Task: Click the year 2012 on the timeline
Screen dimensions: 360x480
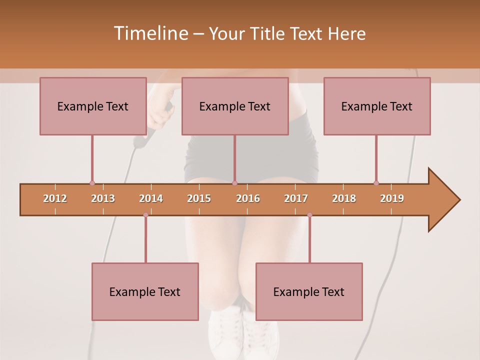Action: pos(55,198)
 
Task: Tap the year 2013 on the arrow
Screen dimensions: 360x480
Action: pos(103,198)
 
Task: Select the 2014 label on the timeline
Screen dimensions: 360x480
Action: pos(151,198)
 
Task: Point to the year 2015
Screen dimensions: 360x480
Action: pos(199,198)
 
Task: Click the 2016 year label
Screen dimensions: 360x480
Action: pos(248,198)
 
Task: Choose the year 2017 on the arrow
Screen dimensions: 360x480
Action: pos(296,198)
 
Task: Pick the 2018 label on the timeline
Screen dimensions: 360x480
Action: pos(344,198)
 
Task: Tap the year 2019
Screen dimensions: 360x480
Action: pos(392,198)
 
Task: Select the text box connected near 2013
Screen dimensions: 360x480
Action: pos(93,106)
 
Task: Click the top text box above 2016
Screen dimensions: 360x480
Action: pos(235,106)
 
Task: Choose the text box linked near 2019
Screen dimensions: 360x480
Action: pos(377,106)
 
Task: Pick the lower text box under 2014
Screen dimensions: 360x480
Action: pos(145,291)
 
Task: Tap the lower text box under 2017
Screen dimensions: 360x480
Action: pos(309,291)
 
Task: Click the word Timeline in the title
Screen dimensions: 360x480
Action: pos(150,33)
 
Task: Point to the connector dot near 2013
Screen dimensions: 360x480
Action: pos(92,183)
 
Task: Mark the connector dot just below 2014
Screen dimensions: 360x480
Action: pos(145,215)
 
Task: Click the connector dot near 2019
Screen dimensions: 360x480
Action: pos(376,183)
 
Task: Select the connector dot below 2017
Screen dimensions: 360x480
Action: pos(309,215)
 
